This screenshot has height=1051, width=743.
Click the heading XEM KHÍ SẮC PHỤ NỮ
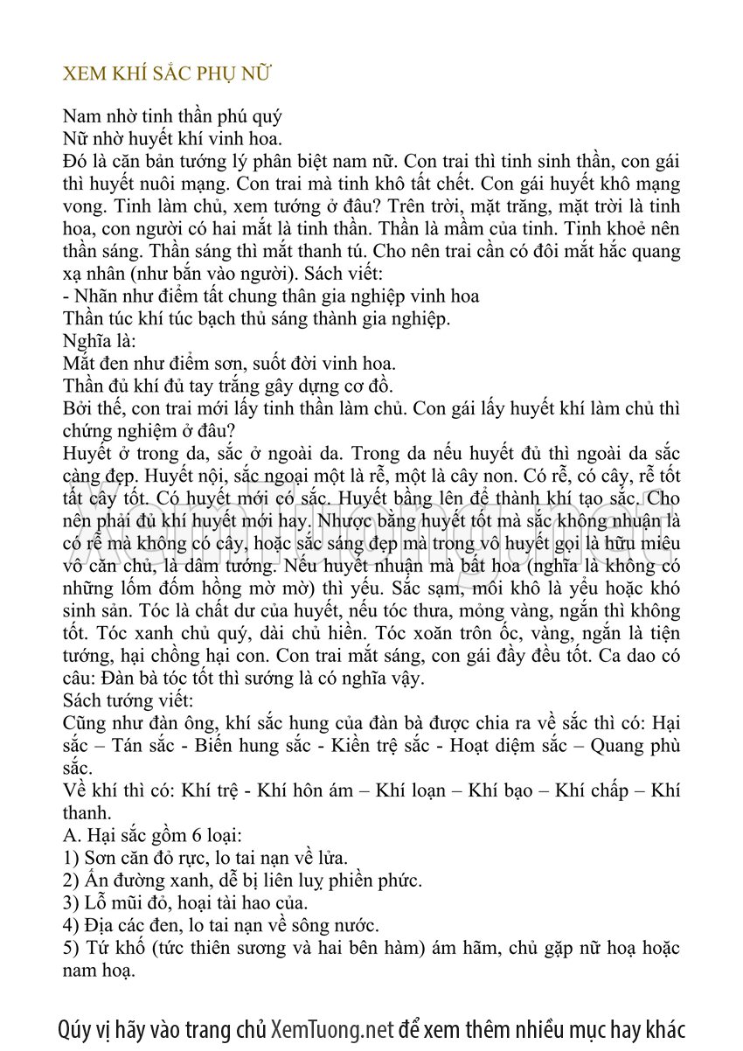[x=168, y=73]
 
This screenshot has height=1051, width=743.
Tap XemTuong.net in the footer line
[x=333, y=1028]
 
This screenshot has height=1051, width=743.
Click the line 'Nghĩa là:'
[x=100, y=341]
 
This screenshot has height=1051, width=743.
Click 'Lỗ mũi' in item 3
[x=113, y=902]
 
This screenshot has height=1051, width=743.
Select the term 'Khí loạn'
[x=413, y=790]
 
